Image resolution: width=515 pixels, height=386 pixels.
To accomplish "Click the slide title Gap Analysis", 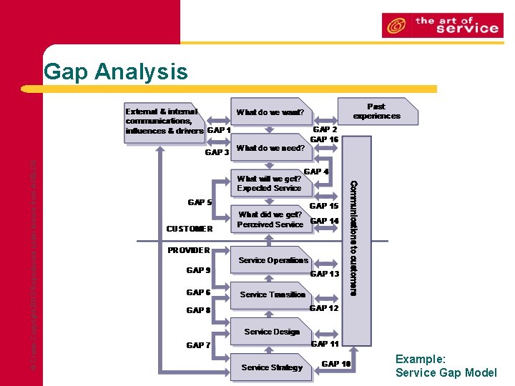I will point(116,71).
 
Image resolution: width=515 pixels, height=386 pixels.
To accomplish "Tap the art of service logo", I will point(440,25).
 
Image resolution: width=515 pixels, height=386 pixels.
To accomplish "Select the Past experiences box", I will point(376,112).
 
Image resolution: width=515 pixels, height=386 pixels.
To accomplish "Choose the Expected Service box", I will point(269,184).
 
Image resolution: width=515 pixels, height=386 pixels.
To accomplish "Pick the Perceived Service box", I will point(270,219).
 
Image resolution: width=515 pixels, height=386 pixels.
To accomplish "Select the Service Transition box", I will point(273,295).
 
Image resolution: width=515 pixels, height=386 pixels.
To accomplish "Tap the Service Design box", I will point(272,332).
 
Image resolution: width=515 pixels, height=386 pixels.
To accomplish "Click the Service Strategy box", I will point(272,367).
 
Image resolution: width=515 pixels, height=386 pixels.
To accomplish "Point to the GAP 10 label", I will point(336,364).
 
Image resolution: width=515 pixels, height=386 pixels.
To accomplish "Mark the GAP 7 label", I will point(198,345).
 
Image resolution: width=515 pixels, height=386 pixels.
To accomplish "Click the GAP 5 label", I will point(200,202).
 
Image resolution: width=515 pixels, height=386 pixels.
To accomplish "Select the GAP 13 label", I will point(324,274).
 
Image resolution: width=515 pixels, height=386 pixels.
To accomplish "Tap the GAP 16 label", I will point(324,139).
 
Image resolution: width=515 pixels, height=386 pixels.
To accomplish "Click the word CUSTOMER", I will point(189,229).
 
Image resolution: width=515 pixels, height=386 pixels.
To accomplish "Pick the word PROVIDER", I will point(188,250).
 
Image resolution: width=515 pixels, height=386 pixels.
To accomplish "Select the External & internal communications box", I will point(165,121).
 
